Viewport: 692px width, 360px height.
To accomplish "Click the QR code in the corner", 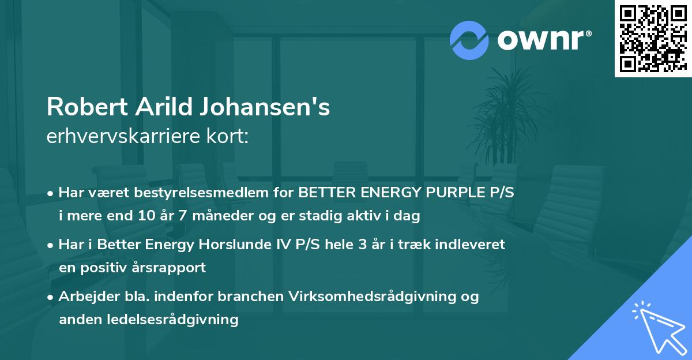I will pyautogui.click(x=652, y=39).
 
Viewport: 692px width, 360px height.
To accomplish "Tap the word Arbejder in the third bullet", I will pyautogui.click(x=85, y=296).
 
